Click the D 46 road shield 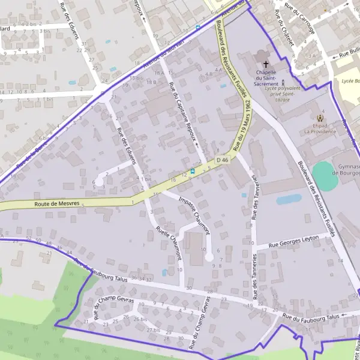click(223, 160)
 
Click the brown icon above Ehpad click(319, 118)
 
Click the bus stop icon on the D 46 click(192, 171)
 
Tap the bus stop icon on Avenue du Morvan click(198, 27)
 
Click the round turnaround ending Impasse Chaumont click(209, 257)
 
